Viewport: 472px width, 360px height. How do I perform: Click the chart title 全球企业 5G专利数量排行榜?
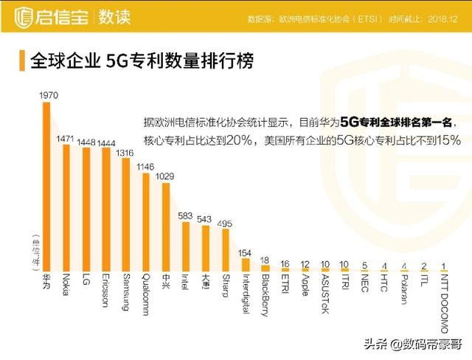pos(141,60)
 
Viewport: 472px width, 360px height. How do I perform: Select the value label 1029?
pos(165,176)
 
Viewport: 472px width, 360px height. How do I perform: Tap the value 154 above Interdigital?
pos(245,252)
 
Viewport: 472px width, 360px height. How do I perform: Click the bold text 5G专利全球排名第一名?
pos(403,121)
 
